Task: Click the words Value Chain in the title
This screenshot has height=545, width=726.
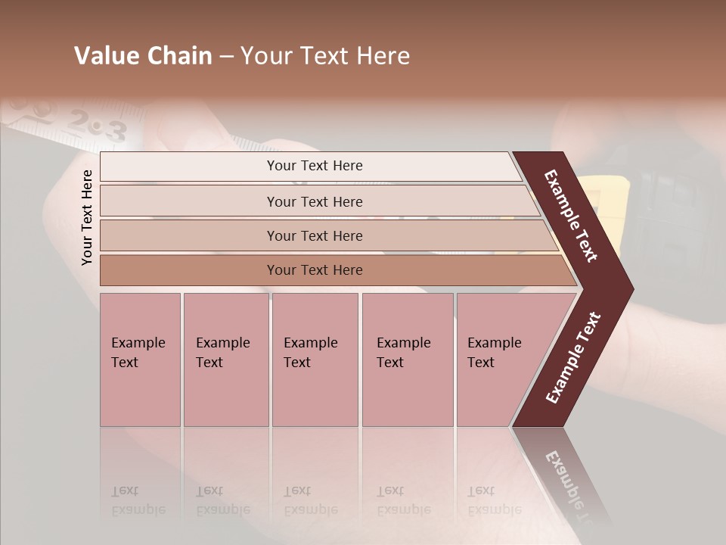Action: pos(143,56)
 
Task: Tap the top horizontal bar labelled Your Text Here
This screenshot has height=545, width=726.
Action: pos(314,166)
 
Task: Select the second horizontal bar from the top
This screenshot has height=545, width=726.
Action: pos(314,201)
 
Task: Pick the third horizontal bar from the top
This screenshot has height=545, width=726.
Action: pos(314,235)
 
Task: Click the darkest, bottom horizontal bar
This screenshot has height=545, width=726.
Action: pos(314,270)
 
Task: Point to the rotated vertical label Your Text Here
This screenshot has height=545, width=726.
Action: pos(87,217)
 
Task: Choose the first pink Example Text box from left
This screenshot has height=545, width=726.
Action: pos(140,360)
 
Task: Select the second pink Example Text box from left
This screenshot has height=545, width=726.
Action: pos(225,360)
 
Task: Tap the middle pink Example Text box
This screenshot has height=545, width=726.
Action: pos(315,360)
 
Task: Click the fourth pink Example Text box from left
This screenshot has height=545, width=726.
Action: pos(408,360)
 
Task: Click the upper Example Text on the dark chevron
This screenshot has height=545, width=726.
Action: pos(571,216)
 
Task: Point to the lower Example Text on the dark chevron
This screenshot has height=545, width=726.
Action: pos(572,358)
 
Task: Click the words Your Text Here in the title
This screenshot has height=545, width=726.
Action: pos(325,56)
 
